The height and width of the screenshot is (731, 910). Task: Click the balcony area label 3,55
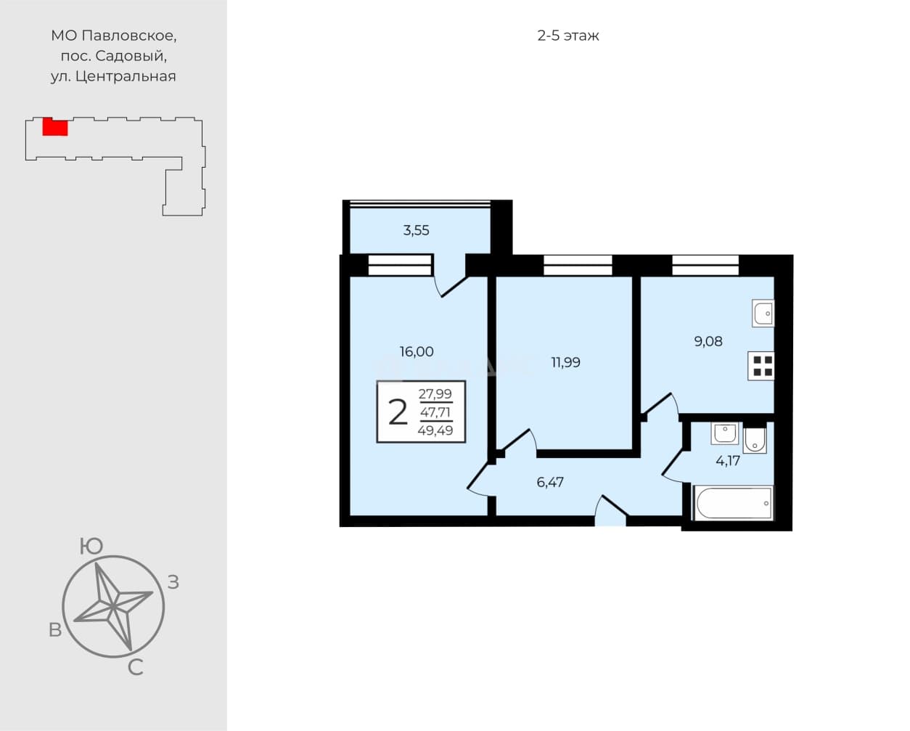pos(416,231)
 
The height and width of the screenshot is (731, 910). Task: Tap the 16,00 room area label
pos(417,351)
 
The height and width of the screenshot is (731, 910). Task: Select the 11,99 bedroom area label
pos(565,362)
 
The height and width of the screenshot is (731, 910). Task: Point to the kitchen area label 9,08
pos(708,341)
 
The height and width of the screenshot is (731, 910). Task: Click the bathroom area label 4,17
pos(728,461)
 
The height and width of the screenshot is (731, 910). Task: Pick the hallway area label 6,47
pos(550,482)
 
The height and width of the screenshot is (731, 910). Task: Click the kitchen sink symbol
pos(763,313)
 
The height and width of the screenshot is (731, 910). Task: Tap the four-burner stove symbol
pos(761,366)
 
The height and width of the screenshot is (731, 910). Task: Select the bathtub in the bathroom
pos(734,503)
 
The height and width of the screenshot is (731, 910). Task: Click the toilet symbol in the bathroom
pos(755,441)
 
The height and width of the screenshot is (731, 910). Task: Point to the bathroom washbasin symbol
pos(724,433)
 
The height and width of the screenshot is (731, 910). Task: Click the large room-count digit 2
pos(398,412)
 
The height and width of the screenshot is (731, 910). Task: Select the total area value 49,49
pos(435,430)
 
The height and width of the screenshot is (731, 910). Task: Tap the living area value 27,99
pos(435,394)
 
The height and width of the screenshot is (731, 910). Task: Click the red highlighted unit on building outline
pos(55,127)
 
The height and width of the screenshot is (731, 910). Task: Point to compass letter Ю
pos(91,546)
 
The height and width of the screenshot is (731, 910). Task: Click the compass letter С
pos(135,668)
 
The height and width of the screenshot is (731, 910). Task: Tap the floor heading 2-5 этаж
pos(568,36)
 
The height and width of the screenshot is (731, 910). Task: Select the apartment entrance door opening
pos(610,520)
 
